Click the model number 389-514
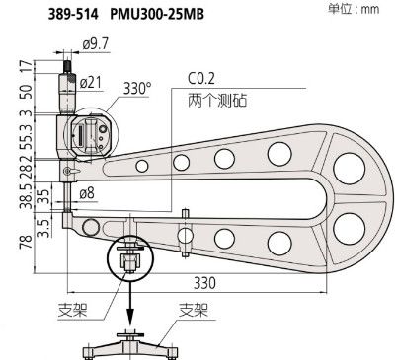(73, 15)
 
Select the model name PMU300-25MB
(157, 15)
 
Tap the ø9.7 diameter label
(96, 44)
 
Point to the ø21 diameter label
(90, 83)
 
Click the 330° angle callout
(137, 88)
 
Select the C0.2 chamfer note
(201, 79)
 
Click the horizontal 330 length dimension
(204, 283)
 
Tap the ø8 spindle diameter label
(87, 193)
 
